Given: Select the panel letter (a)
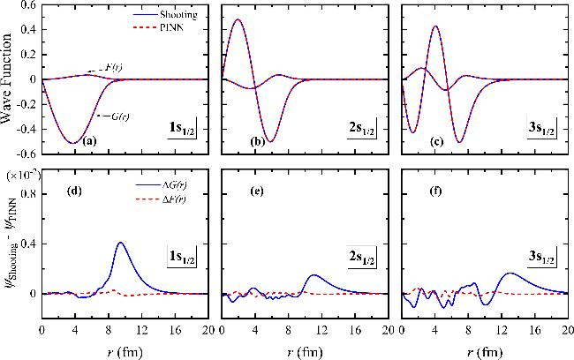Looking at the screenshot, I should click(90, 141).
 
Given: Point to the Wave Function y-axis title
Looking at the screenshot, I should click(9, 79).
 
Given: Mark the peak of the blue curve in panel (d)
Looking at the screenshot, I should click(121, 243).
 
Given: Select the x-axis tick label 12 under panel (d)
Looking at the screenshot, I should click(125, 330).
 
